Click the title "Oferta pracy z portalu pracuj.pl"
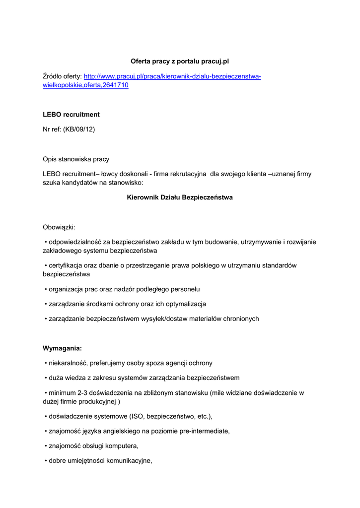pyautogui.click(x=180, y=62)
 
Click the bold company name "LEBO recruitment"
pyautogui.click(x=71, y=115)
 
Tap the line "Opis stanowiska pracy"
pyautogui.click(x=76, y=160)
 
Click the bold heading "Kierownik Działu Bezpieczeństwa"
pyautogui.click(x=180, y=197)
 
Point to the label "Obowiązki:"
pyautogui.click(x=59, y=227)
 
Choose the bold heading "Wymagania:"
pyautogui.click(x=62, y=348)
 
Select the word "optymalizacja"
pyautogui.click(x=185, y=304)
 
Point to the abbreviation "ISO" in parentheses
pyautogui.click(x=138, y=416)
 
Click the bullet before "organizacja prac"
pyautogui.click(x=46, y=289)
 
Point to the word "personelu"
pyautogui.click(x=184, y=289)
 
